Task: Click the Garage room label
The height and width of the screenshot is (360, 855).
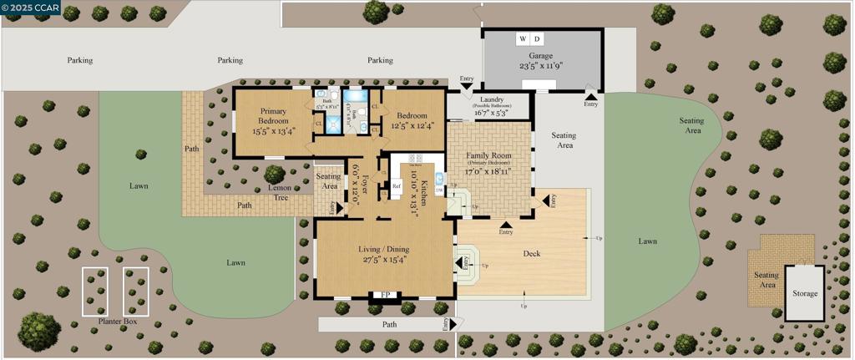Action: coord(540,56)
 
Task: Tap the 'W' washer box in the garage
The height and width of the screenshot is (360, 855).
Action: coord(523,39)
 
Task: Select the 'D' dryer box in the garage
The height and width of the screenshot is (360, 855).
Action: coord(537,39)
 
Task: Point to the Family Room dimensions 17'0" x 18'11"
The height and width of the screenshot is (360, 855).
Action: coord(488,170)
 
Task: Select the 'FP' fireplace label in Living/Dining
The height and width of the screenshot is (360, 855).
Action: coord(385,295)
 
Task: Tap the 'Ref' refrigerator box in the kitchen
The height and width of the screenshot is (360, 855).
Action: coord(397,186)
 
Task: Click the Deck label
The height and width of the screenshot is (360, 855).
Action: coord(532,253)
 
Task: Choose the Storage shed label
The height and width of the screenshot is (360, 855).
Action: coord(805,293)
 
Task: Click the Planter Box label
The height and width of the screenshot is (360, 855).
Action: coord(117,321)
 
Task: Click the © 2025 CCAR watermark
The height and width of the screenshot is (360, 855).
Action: coord(30,7)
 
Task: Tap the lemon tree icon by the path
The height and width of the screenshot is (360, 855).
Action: coord(274,175)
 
